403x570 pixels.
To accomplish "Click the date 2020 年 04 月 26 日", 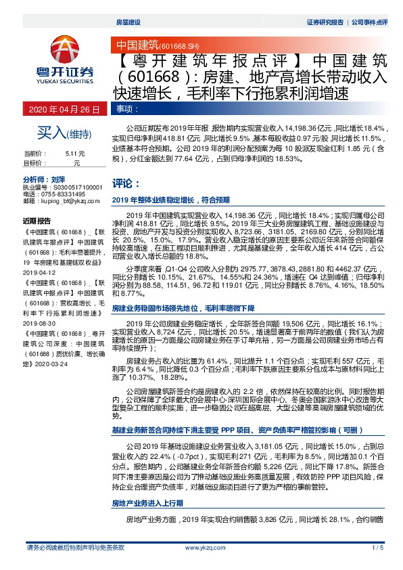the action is [65, 109].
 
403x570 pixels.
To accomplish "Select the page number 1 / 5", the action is [377, 548].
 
